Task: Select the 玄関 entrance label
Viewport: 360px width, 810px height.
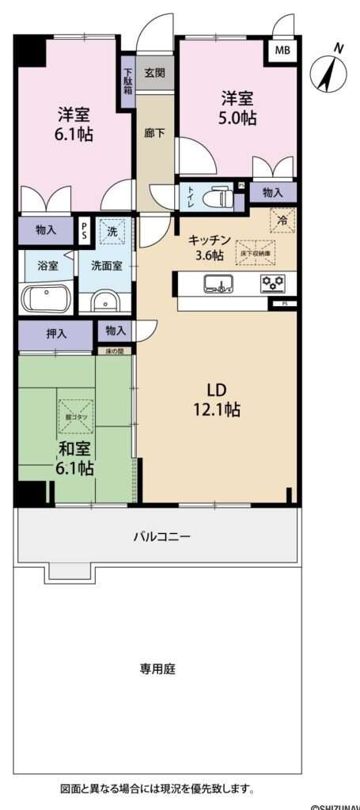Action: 154,73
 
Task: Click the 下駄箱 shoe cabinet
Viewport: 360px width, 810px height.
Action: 127,78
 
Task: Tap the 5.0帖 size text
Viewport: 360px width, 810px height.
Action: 237,118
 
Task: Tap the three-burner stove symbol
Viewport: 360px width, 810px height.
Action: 273,282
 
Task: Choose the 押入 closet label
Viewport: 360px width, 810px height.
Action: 56,334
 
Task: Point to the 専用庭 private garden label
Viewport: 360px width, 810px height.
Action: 158,668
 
